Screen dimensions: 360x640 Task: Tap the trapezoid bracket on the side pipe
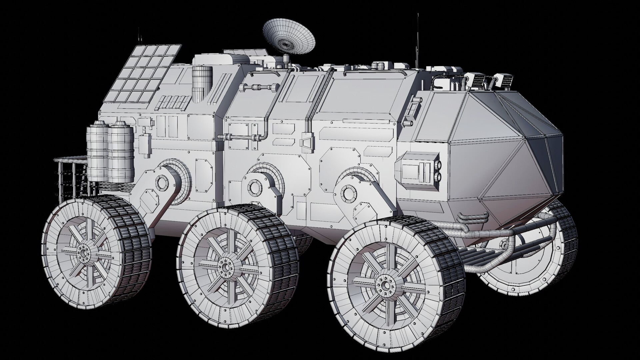(306, 141)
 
